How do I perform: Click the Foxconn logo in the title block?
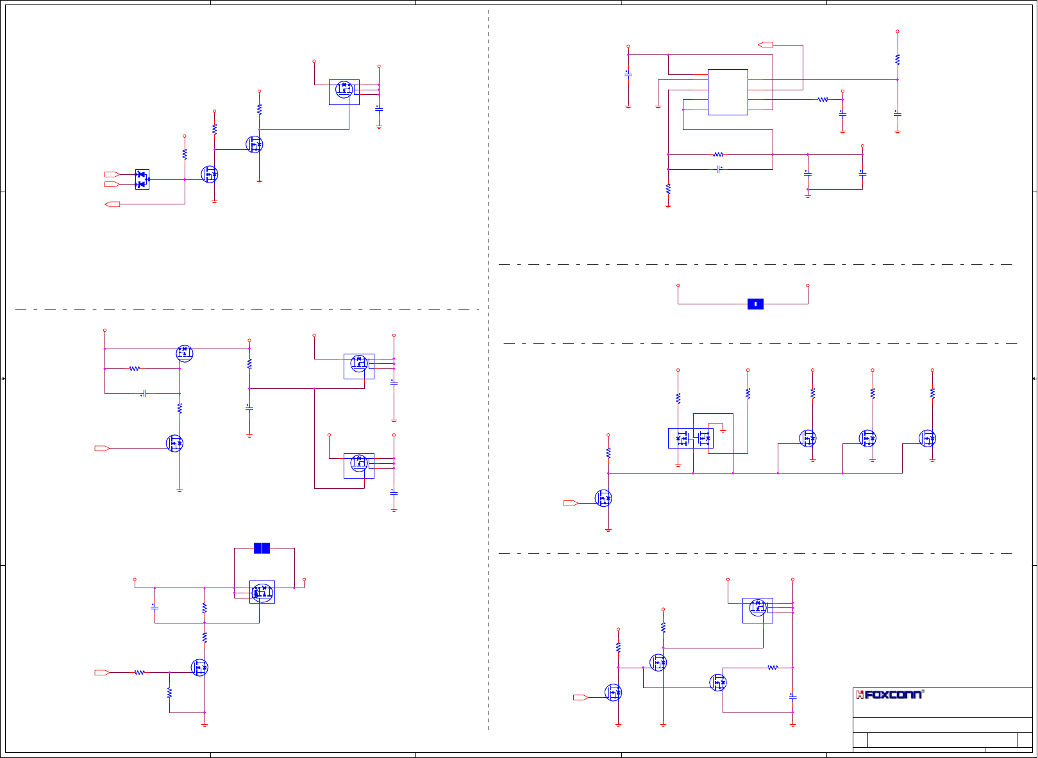coord(890,695)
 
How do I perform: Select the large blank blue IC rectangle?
coord(728,92)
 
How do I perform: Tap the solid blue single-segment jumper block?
coord(755,304)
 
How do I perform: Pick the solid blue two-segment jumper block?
coord(262,548)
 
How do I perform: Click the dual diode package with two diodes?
coord(142,179)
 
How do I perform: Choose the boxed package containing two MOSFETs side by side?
coord(691,438)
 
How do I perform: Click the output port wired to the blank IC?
coord(766,45)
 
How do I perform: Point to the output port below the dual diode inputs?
coord(112,204)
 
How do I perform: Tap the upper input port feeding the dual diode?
coord(112,174)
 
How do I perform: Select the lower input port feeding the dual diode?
coord(112,185)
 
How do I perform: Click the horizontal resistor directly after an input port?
coord(139,672)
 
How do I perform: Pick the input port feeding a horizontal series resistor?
coord(102,672)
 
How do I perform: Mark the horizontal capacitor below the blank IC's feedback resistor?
coord(719,169)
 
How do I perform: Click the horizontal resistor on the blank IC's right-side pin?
coord(823,99)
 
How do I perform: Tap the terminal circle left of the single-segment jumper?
coord(678,286)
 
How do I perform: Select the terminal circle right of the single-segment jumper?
coord(807,286)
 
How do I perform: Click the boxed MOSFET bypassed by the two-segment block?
coord(262,592)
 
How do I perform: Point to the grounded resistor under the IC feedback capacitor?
coord(668,189)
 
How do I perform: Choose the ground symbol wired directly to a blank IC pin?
coord(658,106)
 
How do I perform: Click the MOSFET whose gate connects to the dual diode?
coord(209,174)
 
